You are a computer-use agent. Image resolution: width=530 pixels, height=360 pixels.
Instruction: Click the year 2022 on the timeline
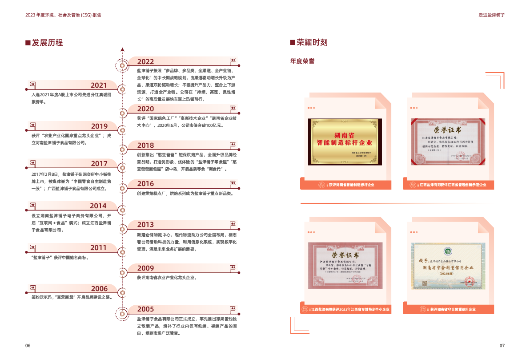pos(145,62)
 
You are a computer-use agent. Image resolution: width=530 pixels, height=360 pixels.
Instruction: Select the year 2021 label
pos(99,85)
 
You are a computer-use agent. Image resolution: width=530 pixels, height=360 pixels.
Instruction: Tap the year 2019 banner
pos(99,126)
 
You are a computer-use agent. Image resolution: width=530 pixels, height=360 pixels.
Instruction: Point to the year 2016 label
pos(145,184)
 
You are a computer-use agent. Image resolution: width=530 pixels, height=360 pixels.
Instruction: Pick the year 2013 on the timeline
pos(145,225)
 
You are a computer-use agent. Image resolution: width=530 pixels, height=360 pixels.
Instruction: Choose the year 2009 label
pos(145,268)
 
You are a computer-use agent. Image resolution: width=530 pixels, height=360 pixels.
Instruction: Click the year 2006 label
pos(99,289)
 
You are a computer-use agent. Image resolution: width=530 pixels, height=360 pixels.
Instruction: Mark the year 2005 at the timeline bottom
pos(145,309)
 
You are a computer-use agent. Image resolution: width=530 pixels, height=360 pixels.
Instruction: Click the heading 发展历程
pos(47,43)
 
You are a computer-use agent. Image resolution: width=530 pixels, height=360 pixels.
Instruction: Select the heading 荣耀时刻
pos(312,43)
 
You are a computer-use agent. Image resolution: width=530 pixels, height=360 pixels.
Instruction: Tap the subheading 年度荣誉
pos(302,61)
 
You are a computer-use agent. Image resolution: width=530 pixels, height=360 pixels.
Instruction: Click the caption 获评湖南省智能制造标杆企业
pos(349,185)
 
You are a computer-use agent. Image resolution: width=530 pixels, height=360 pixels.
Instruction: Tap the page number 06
pos(28,346)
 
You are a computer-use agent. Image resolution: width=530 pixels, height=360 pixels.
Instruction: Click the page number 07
pos(502,346)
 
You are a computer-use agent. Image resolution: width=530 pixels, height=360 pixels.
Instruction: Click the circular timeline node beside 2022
pos(122,66)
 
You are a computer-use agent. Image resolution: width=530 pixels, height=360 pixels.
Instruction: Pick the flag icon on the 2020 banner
pos(232,108)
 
